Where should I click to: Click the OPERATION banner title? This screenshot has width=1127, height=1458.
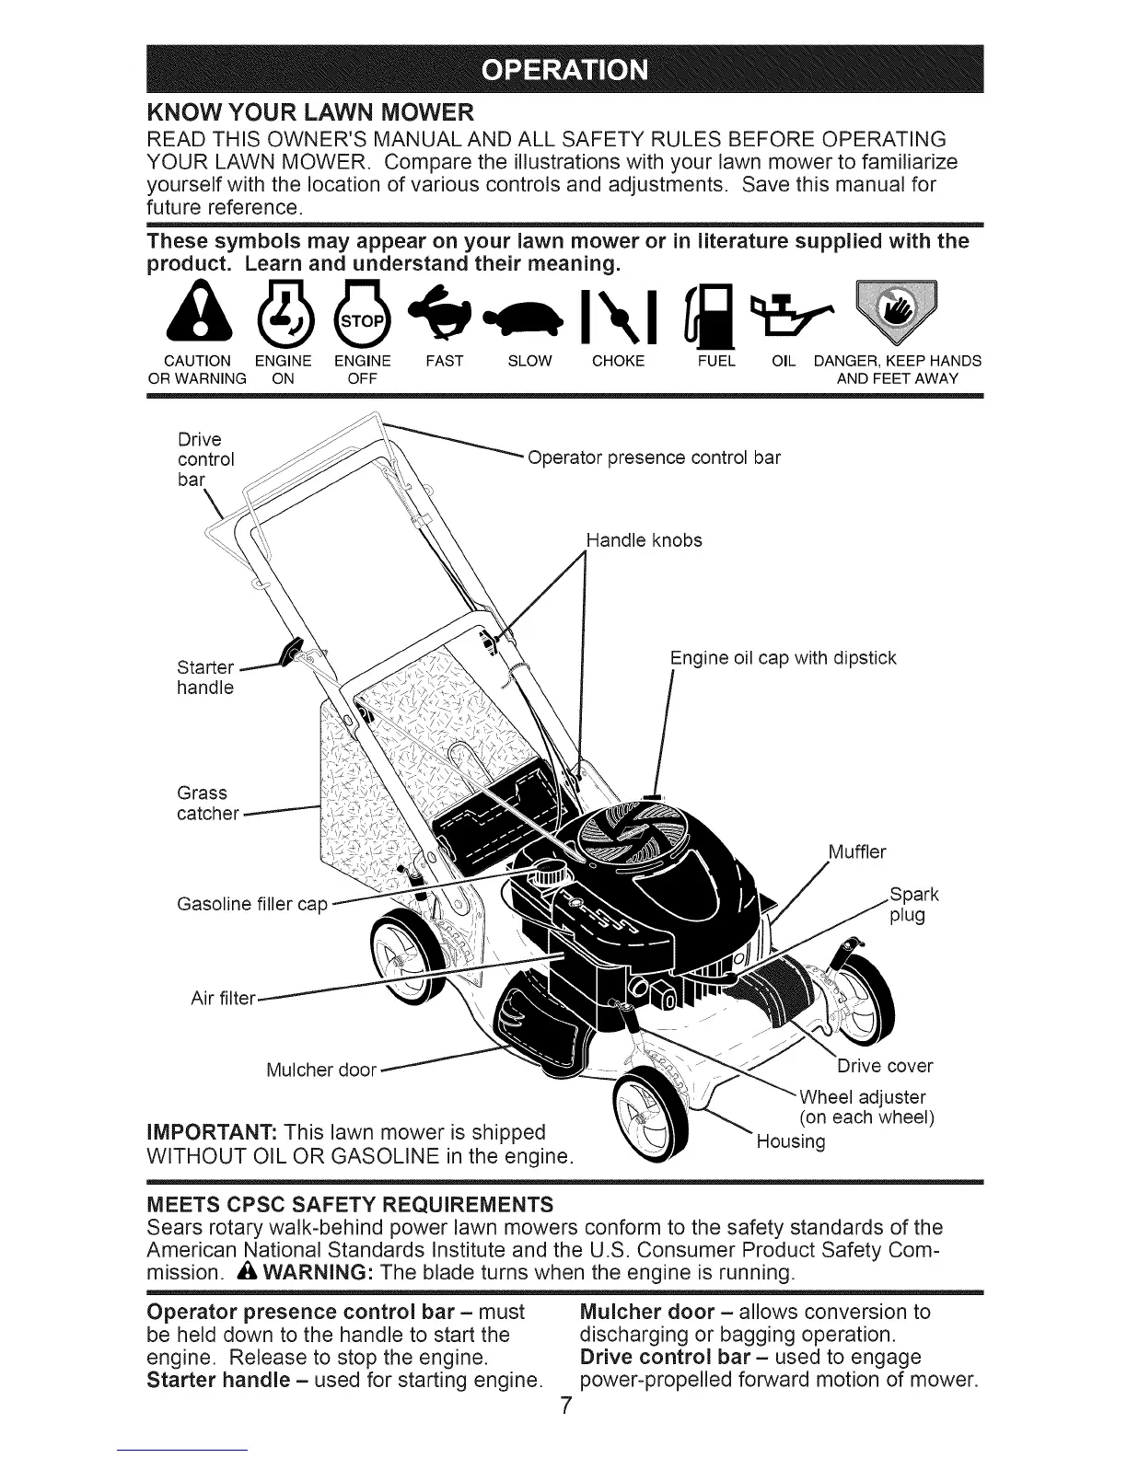click(565, 70)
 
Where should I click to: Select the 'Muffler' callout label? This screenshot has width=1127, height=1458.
click(856, 851)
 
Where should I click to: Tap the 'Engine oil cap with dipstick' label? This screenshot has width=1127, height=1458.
click(783, 658)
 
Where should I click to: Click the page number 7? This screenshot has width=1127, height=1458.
click(567, 1407)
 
